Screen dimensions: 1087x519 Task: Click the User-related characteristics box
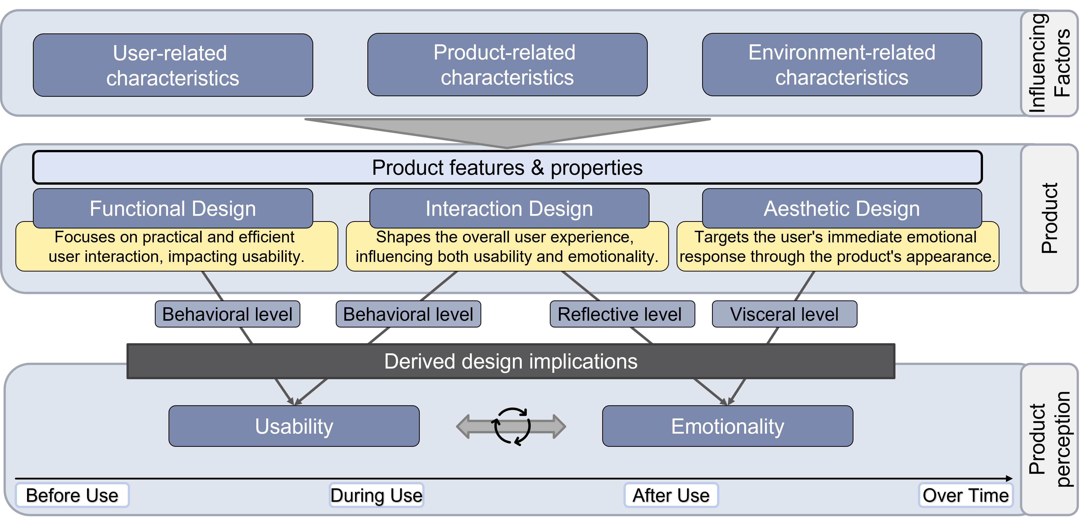pyautogui.click(x=173, y=65)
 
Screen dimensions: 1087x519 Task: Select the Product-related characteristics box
pyautogui.click(x=507, y=65)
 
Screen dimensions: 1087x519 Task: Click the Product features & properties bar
pyautogui.click(x=507, y=167)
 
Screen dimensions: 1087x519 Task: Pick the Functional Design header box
pyautogui.click(x=173, y=208)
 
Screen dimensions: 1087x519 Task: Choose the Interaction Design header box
pyautogui.click(x=509, y=208)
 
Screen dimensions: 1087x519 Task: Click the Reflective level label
pyautogui.click(x=622, y=314)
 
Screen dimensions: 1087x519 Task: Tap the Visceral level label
pyautogui.click(x=784, y=314)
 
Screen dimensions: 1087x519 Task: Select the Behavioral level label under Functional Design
pyautogui.click(x=227, y=314)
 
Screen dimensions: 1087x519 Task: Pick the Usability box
pyautogui.click(x=294, y=426)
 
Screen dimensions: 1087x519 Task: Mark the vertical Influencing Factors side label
pyautogui.click(x=1050, y=63)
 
